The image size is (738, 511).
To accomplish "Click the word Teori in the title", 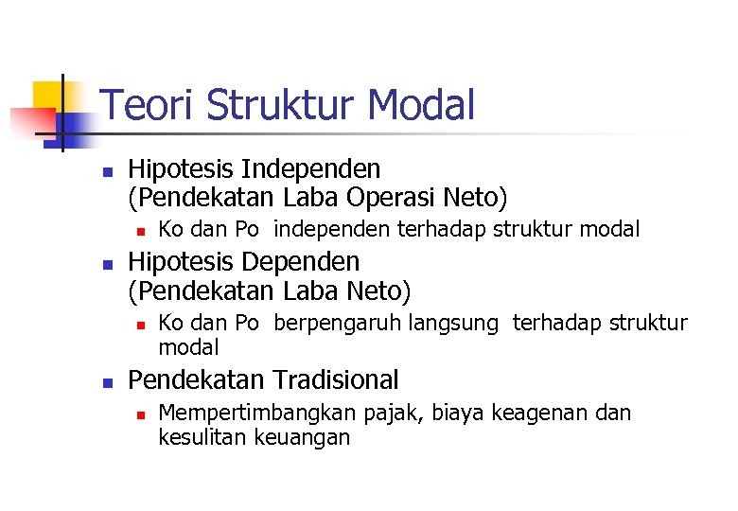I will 147,105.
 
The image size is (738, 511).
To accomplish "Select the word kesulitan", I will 201,437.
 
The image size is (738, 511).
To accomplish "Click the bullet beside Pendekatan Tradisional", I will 108,381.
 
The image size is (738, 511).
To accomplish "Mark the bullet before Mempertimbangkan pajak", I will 139,414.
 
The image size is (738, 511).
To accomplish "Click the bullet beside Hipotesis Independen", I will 108,171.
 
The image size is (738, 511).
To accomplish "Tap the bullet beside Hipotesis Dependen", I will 108,262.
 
